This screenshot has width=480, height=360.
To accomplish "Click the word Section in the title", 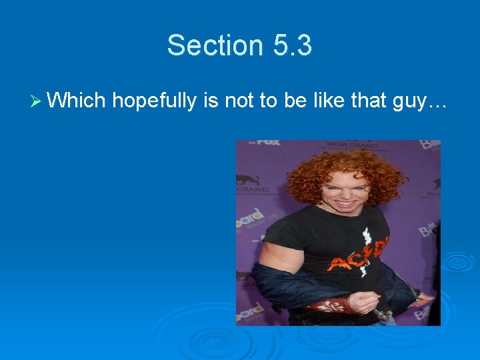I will [210, 45].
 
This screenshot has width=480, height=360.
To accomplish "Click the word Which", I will [77, 101].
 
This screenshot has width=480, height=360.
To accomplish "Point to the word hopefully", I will [154, 101].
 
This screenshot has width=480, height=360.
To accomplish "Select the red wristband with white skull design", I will [327, 305].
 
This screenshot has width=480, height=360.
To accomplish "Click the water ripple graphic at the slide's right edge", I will [459, 262].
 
